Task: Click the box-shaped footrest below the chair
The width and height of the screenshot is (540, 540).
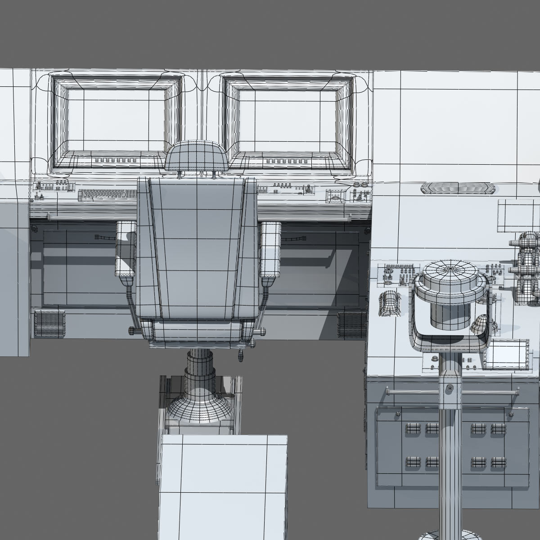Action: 224,486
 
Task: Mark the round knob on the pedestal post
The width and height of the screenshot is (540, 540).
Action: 448,388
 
